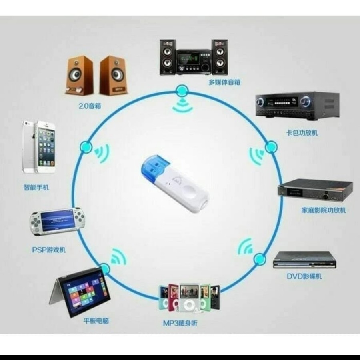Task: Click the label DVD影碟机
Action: (304, 276)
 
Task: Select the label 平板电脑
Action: (96, 320)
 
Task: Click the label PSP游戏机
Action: (49, 250)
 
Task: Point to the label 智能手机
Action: (36, 187)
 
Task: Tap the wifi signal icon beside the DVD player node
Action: (245, 247)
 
